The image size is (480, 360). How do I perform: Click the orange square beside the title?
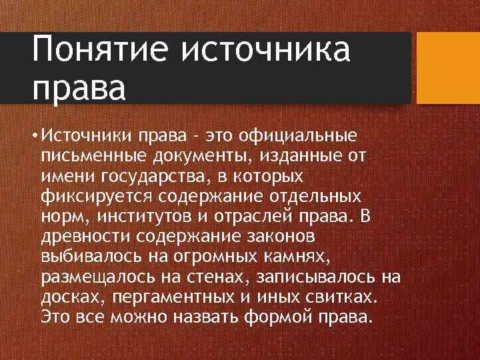click(448, 69)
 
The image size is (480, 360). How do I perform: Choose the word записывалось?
click(313, 276)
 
